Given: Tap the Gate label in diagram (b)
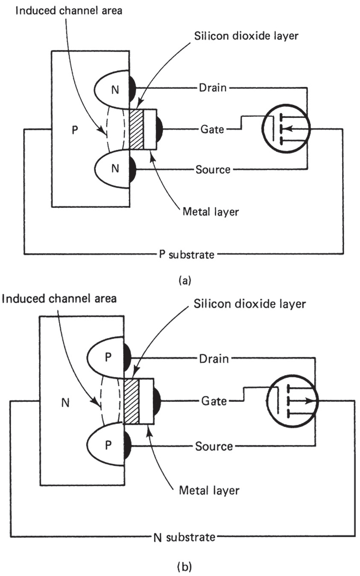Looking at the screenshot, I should (214, 401).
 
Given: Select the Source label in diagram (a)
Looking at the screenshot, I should (213, 170).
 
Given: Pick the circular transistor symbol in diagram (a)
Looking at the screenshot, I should (286, 127).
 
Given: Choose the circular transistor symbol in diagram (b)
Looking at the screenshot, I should (291, 401).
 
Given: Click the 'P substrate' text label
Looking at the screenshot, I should (185, 255).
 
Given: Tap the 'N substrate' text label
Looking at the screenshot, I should (184, 537).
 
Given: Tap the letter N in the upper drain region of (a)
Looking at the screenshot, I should (114, 90).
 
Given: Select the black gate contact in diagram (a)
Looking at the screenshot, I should (159, 129).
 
